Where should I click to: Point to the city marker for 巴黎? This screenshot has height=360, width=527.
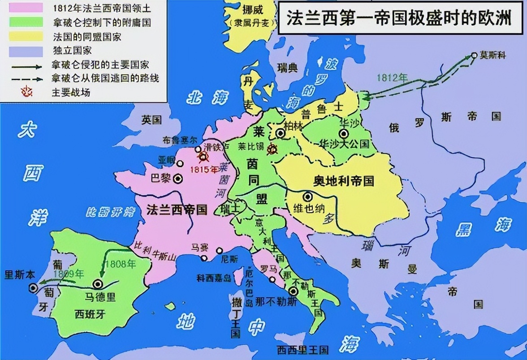click(x=178, y=178)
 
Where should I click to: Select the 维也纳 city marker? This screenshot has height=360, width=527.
click(x=307, y=196)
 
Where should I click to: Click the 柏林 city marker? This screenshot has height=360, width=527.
click(x=281, y=133)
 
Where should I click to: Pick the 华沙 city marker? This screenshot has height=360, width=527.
click(x=344, y=133)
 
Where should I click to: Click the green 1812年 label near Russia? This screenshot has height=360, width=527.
click(x=392, y=77)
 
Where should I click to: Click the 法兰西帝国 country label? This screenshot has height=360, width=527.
click(x=177, y=210)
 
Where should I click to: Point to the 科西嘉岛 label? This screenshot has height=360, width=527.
click(x=213, y=278)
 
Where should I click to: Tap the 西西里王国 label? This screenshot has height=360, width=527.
click(x=302, y=350)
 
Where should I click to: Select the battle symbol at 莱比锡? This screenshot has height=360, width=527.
click(x=272, y=150)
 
